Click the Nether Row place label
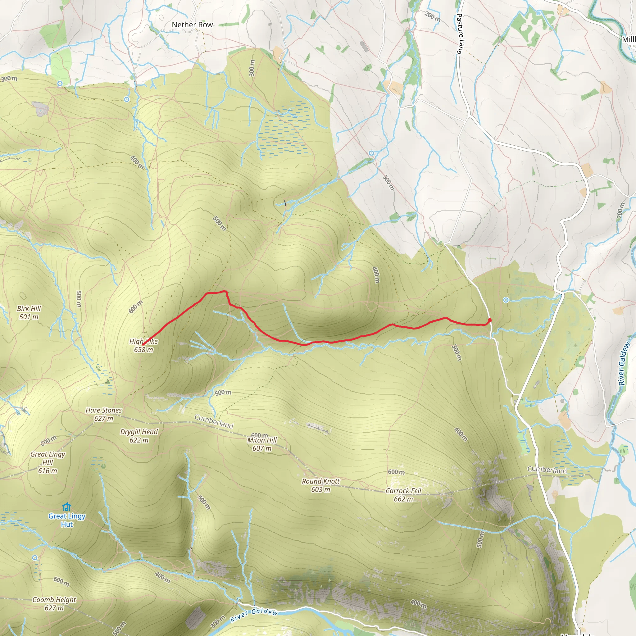click(x=192, y=25)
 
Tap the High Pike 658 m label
click(x=143, y=345)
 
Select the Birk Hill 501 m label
click(x=29, y=312)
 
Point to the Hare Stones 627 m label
click(x=104, y=414)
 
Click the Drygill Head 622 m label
click(x=139, y=435)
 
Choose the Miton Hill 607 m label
click(x=262, y=444)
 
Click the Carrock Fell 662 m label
click(x=403, y=495)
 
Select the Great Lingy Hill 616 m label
click(x=48, y=462)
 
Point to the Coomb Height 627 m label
click(x=54, y=603)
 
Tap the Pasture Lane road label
click(x=459, y=34)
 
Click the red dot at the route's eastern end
click(x=489, y=320)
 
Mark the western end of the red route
click(x=143, y=345)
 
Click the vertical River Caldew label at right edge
click(x=624, y=364)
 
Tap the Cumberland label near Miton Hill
click(x=214, y=421)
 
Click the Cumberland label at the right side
click(x=547, y=470)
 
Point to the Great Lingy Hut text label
click(x=67, y=520)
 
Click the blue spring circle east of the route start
click(x=506, y=300)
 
